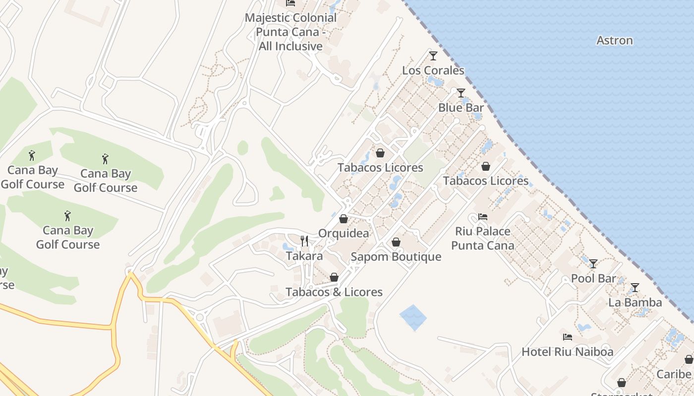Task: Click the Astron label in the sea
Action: coord(615,41)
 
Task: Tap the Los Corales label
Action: coord(433,70)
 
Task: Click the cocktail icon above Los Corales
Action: coord(433,55)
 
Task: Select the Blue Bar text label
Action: coord(461,107)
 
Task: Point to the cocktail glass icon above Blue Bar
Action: coord(461,93)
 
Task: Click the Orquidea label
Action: coord(344,233)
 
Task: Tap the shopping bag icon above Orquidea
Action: coord(344,218)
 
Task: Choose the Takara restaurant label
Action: coord(304,256)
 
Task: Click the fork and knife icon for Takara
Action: coord(304,241)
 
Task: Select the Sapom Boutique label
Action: coord(396,257)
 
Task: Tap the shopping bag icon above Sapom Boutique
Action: coord(396,242)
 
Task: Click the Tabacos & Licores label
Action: coord(334,292)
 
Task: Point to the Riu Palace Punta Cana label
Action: coord(483,238)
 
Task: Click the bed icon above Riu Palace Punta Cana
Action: coord(483,217)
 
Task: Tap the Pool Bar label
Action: coord(593,278)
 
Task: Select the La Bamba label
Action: coord(635,302)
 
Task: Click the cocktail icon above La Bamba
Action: coord(635,288)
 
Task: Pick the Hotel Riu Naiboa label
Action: coord(568,352)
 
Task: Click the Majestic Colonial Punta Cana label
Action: coord(290,32)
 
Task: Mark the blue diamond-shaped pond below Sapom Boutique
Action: coord(413,317)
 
